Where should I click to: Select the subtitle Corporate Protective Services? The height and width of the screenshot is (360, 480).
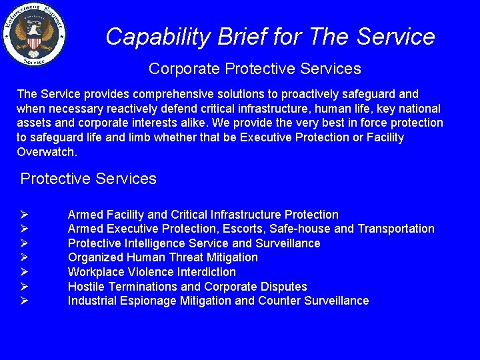click(255, 69)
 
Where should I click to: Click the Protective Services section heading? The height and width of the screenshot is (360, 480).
click(89, 179)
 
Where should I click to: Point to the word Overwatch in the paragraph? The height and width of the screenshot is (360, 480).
click(46, 152)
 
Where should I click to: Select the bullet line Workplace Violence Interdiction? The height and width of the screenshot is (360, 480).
click(151, 272)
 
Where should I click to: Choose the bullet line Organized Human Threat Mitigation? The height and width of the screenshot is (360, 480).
click(163, 257)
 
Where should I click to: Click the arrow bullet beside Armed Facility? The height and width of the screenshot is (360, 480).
click(24, 215)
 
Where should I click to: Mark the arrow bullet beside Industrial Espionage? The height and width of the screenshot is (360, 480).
click(24, 301)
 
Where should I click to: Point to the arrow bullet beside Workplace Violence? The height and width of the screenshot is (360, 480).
click(24, 272)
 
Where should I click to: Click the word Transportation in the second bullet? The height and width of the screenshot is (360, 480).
click(396, 229)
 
